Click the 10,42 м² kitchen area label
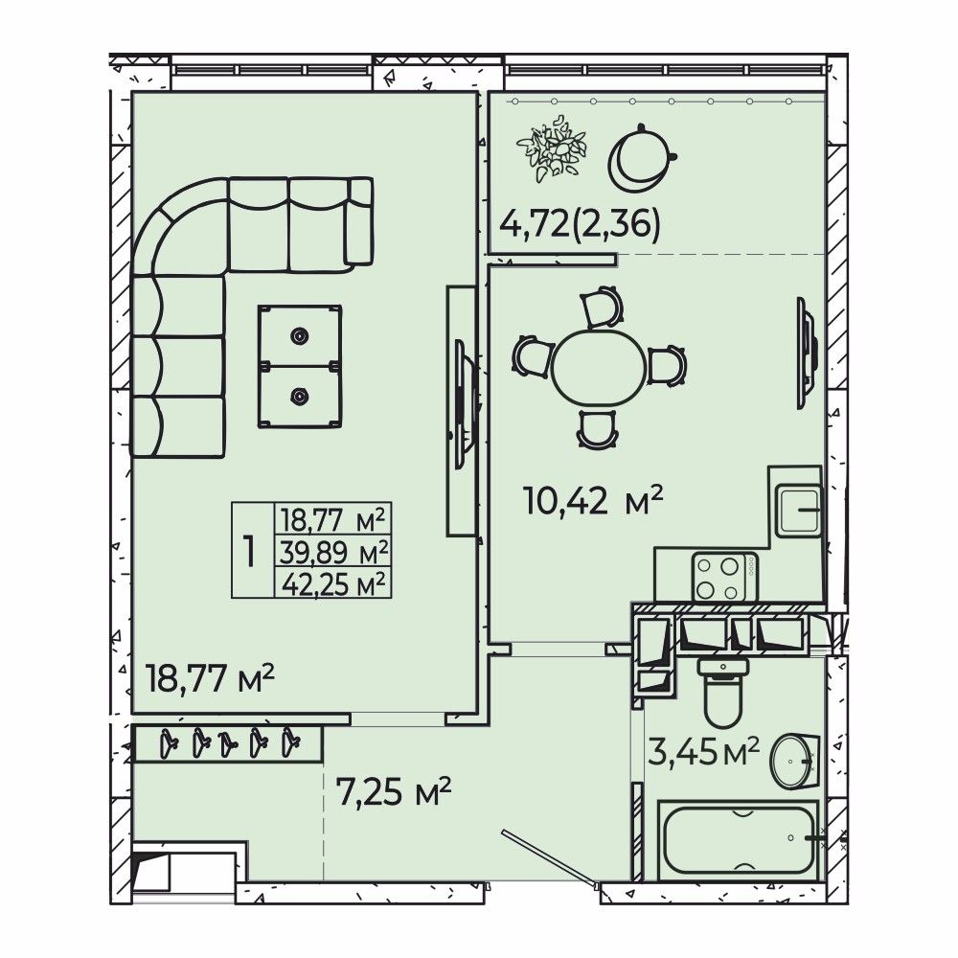point(593,501)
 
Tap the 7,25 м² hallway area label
point(394,792)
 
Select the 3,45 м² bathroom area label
point(703,751)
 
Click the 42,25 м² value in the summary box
point(333,583)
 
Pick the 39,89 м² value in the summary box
point(333,553)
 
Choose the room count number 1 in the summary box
point(249,551)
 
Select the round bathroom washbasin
point(793,762)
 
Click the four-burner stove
point(724,578)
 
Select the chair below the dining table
point(598,429)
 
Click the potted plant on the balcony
point(551,149)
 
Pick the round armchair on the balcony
point(641,158)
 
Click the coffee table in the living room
point(299,366)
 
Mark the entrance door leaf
point(549,857)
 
